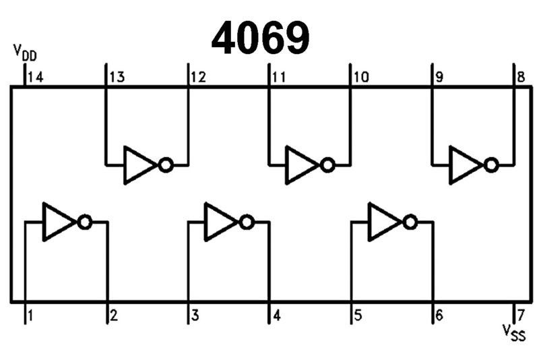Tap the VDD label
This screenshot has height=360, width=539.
[25, 53]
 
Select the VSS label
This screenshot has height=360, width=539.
[514, 331]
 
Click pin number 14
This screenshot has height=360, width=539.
[36, 77]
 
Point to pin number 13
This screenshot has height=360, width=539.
[117, 77]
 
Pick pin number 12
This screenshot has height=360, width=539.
[198, 77]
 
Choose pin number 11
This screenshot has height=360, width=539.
[278, 77]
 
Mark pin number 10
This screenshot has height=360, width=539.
[360, 77]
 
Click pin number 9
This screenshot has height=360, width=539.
[439, 77]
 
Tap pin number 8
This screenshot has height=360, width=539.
[521, 77]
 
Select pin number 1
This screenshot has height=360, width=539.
[31, 315]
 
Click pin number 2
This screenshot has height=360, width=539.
[113, 315]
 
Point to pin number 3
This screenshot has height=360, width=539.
[195, 315]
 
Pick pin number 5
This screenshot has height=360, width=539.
[357, 315]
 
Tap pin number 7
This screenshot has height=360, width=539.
[520, 315]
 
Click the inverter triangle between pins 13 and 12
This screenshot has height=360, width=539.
[138, 164]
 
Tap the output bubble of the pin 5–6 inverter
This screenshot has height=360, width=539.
[409, 222]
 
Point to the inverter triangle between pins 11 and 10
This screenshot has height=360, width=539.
[300, 164]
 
